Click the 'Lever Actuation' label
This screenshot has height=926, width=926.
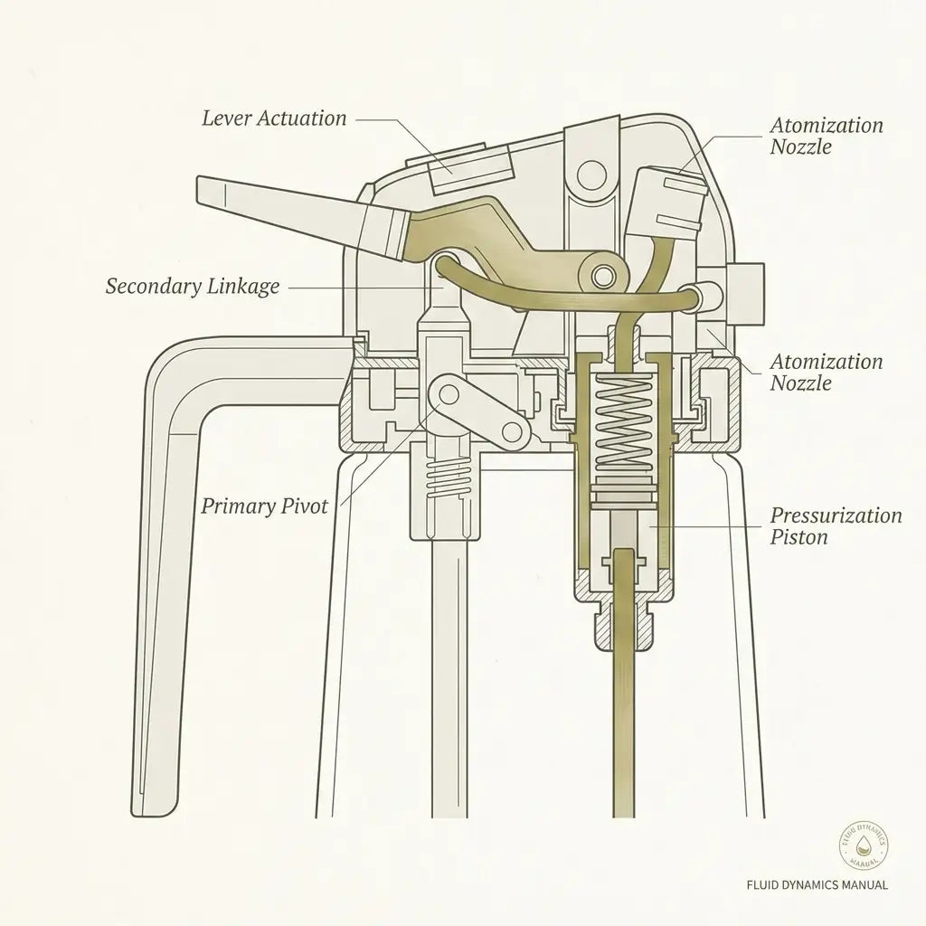[x=274, y=118]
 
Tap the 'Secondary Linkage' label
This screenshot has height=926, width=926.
[x=193, y=287]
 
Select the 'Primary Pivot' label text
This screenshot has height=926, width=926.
[x=264, y=506]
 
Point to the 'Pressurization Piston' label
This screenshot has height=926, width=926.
[x=836, y=526]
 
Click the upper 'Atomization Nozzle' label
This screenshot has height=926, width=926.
[x=827, y=136]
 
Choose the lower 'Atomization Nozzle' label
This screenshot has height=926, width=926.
[x=827, y=372]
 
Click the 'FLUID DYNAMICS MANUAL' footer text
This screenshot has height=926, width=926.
[x=817, y=884]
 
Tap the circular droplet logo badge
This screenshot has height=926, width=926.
[x=864, y=844]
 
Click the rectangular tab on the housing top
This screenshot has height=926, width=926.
[x=470, y=167]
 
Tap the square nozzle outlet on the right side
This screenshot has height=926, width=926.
[x=746, y=294]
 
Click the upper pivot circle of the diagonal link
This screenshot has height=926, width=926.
[x=449, y=393]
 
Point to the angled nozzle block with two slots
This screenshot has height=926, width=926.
[x=669, y=201]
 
